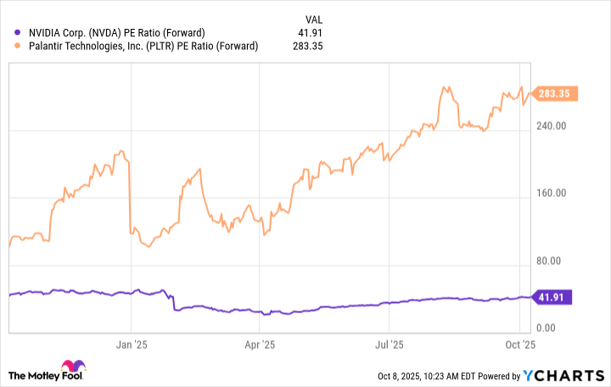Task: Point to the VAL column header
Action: click(315, 18)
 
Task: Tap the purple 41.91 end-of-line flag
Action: click(555, 297)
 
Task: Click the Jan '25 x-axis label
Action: click(132, 345)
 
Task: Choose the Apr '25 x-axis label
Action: click(260, 345)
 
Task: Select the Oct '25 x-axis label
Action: click(518, 345)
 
